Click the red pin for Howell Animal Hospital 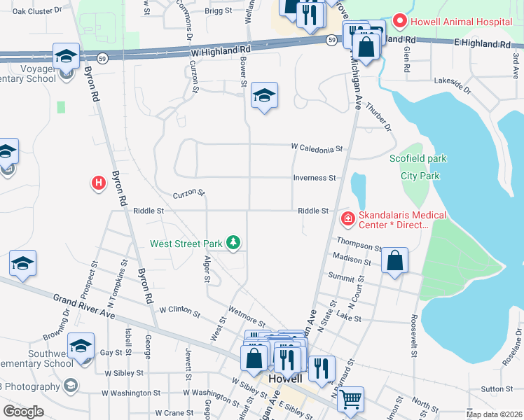coord(400,21)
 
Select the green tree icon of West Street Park coord(233,244)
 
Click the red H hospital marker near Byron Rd coord(99,183)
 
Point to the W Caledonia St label coord(317,148)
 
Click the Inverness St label coord(315,178)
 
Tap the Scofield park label coord(418,159)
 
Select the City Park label coord(420,176)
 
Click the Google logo coord(23,412)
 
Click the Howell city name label coord(286,378)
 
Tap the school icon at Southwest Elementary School coord(81,346)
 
